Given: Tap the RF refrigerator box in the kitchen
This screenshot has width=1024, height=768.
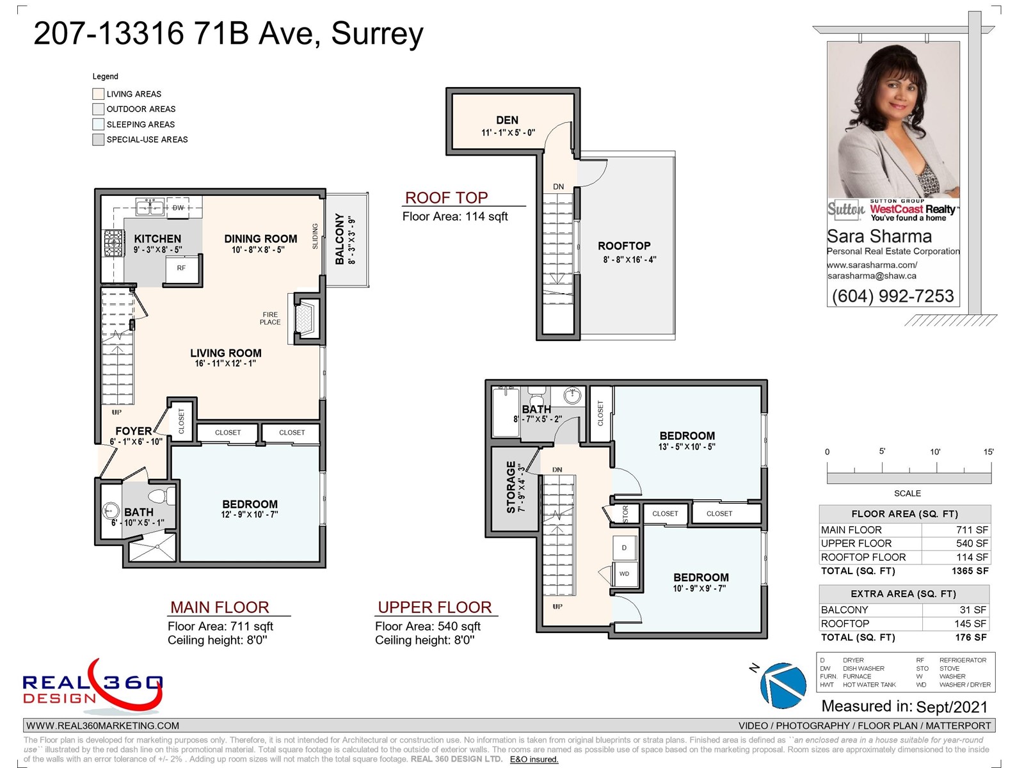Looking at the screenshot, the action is pos(182,268).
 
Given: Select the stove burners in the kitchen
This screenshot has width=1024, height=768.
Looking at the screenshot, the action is pos(113,243).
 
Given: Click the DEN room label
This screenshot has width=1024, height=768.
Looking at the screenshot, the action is pos(507,120).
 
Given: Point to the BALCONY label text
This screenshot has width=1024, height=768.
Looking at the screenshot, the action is pos(340,239).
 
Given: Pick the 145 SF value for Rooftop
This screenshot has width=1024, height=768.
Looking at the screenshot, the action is pos(970,623).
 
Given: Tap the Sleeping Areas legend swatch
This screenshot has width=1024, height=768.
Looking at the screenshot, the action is pos(98,125).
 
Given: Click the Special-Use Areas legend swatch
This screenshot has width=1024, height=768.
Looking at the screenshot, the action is pos(98,140).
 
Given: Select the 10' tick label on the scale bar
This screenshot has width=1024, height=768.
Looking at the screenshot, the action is pos(935,452).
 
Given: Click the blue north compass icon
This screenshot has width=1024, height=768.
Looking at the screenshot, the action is pos(783,685).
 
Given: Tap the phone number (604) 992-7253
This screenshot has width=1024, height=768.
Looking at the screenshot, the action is pos(893,296).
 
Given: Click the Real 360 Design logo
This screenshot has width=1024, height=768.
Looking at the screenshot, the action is pos(93,686).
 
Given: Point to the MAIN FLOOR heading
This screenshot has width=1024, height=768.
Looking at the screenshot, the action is pos(220,607).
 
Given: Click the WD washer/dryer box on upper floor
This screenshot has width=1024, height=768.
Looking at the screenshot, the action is pos(624,574).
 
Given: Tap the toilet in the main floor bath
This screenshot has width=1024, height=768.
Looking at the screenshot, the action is pos(161,495).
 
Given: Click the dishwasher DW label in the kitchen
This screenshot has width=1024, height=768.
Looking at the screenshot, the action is pos(178,207).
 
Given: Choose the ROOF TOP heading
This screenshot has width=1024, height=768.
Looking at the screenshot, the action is pos(447,198).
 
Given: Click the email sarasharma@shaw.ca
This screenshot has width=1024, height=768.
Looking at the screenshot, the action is pos(872,276).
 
